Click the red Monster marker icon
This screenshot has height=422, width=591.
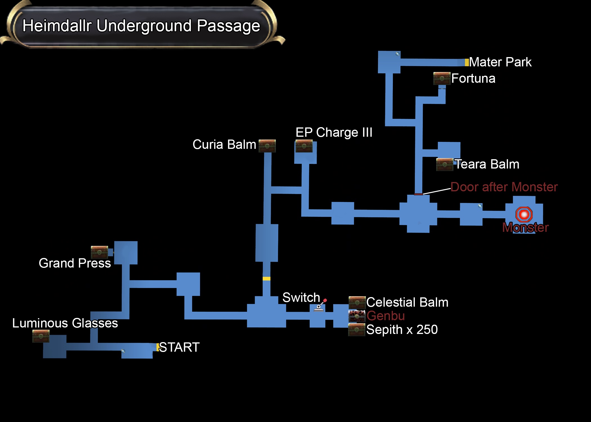point(524,215)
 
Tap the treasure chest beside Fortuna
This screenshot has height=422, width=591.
point(442,78)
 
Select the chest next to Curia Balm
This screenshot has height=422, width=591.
point(267,146)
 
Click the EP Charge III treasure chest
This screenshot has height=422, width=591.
point(304,146)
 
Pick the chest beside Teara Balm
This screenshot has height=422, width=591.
point(444,165)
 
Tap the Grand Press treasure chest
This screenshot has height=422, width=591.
point(99,252)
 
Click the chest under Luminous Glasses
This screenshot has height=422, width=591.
point(41,336)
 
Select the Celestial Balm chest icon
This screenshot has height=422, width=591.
point(357,302)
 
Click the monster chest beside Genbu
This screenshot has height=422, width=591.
point(357,316)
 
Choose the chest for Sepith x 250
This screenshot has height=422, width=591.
point(357,329)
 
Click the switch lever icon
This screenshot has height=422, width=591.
point(320,306)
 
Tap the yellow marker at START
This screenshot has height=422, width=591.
point(158,347)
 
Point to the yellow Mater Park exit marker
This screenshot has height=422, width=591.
point(467,62)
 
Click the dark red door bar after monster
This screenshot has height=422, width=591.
point(418,194)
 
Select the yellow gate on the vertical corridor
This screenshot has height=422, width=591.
point(266,279)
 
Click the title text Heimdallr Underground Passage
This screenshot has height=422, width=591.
point(141,26)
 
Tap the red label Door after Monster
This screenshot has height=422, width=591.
point(504,187)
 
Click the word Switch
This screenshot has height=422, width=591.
point(301,297)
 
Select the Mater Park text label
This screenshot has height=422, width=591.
point(500,62)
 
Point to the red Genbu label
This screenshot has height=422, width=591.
point(386,316)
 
